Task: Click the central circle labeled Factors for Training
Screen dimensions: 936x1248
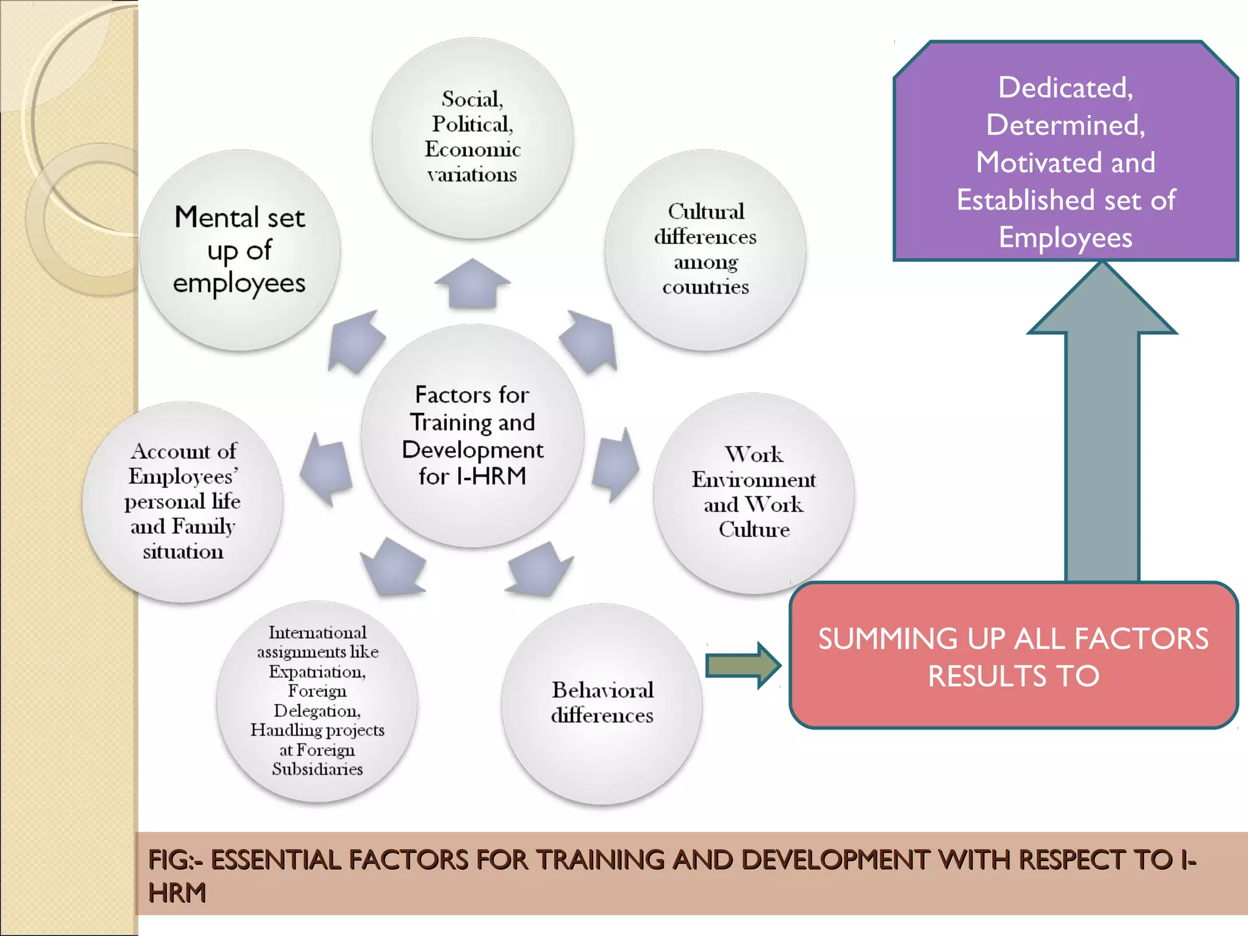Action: (x=472, y=436)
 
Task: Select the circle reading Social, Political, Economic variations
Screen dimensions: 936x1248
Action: (x=472, y=137)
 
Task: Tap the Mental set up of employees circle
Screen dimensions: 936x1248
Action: (x=239, y=250)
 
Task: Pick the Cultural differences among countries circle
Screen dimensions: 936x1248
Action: (x=705, y=250)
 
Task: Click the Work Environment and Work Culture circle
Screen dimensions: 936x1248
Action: (x=754, y=492)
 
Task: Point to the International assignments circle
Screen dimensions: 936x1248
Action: (x=317, y=701)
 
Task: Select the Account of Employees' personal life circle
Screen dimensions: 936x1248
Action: (x=183, y=501)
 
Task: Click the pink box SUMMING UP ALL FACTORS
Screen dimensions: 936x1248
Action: (x=1013, y=656)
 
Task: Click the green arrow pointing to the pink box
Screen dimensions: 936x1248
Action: (x=742, y=665)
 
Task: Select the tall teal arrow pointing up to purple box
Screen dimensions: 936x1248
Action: (x=1102, y=427)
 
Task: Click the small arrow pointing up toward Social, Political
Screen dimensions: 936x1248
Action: (x=472, y=283)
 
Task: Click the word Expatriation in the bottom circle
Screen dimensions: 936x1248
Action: (x=317, y=672)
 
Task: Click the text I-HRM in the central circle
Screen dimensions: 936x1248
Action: (x=491, y=476)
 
